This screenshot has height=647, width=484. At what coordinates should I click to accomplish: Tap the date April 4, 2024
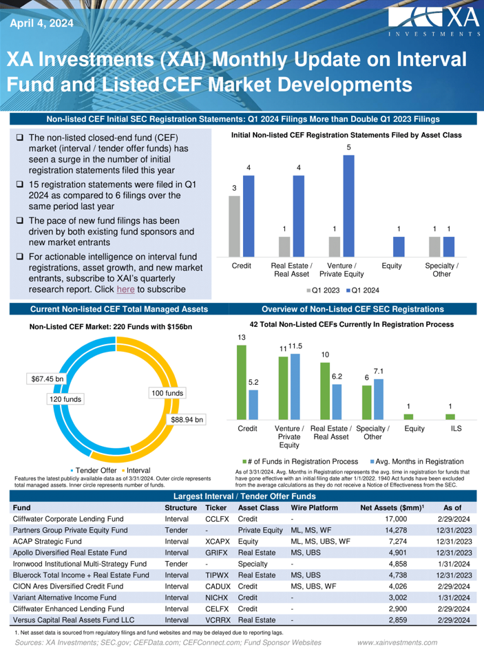(41, 23)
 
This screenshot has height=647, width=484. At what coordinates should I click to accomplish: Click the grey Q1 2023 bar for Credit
(234, 225)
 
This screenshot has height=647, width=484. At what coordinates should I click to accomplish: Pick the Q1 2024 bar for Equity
(399, 246)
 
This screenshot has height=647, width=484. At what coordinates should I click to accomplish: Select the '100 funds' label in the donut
(165, 392)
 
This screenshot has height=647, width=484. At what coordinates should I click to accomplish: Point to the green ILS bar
(451, 416)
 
